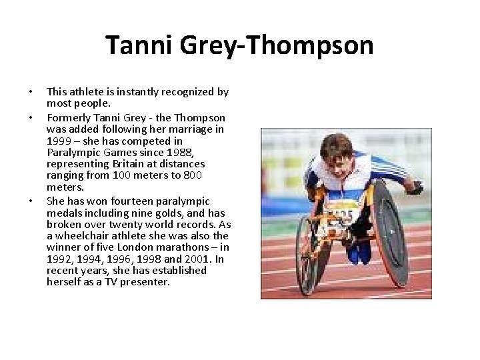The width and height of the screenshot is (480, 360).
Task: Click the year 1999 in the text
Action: pyautogui.click(x=58, y=142)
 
